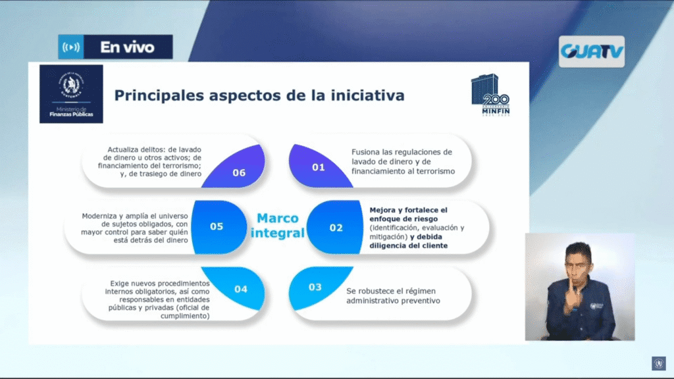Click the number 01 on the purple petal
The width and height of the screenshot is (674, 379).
click(318, 167)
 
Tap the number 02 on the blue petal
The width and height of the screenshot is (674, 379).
click(336, 228)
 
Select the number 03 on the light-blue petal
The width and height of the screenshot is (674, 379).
click(315, 287)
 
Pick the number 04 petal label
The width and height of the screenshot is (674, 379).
click(241, 290)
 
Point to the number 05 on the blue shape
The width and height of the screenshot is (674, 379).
click(216, 226)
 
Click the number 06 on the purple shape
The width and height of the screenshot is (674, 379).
click(239, 173)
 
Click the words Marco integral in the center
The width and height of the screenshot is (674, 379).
click(278, 226)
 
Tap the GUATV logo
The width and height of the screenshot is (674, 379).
click(592, 51)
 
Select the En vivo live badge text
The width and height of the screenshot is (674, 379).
click(127, 47)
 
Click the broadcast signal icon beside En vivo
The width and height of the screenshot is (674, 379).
click(71, 47)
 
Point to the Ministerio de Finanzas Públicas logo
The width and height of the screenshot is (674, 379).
click(71, 94)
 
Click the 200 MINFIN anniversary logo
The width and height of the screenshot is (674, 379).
click(490, 95)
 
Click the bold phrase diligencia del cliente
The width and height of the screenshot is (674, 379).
click(409, 246)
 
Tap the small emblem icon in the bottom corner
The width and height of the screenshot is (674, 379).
click(658, 363)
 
